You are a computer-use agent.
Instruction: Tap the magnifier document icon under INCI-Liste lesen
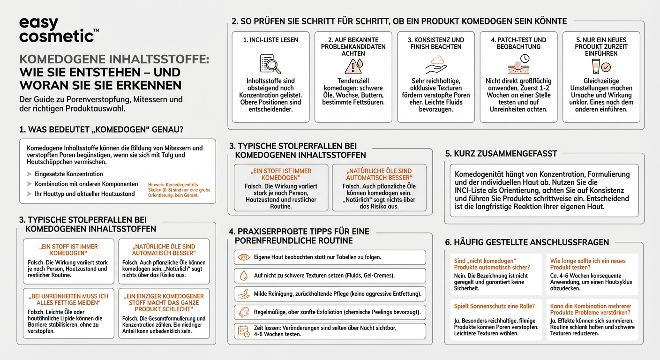[270, 64]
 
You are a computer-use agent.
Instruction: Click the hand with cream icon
[435, 65]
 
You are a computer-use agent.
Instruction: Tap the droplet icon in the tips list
[243, 276]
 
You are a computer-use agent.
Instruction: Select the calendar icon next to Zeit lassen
[243, 330]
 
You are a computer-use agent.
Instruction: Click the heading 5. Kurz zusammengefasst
[501, 153]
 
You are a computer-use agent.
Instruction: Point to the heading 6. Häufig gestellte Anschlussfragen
[527, 242]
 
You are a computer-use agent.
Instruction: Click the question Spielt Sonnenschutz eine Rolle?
[494, 306]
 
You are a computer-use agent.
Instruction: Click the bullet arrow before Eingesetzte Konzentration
[30, 174]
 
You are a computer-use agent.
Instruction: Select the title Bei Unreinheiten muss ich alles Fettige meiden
[68, 300]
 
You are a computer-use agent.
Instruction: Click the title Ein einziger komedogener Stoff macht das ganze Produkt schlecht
[164, 302]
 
